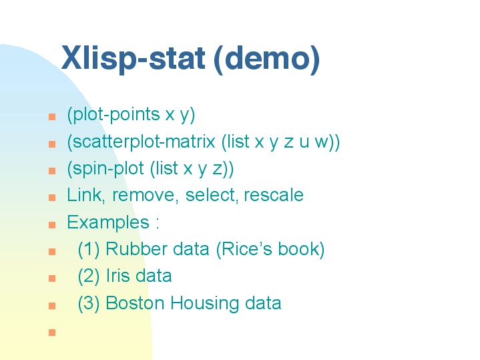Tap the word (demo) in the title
point(266,59)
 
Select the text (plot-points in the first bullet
point(113,115)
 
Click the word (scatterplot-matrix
point(141,142)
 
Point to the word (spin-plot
point(105,169)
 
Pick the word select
point(212,195)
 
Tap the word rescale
point(274,195)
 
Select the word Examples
point(108,222)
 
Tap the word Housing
point(204,304)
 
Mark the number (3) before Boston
point(89,304)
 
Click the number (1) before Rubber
point(89,249)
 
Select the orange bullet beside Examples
point(52,225)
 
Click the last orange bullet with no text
point(52,333)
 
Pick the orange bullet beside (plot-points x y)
point(52,117)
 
